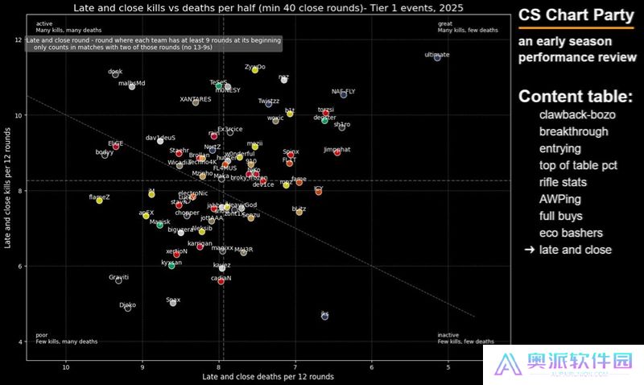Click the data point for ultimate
pos(437,57)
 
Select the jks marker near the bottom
pos(324,317)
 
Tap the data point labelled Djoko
pos(127,308)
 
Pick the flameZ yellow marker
pos(99,200)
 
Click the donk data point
pos(115,74)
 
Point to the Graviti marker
pos(118,279)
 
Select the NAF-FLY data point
pos(344,94)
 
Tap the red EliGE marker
pos(116,146)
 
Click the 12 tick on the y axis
pos(18,40)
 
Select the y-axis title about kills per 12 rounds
pos(7,192)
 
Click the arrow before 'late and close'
pos(529,250)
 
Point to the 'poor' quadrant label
pos(42,334)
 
